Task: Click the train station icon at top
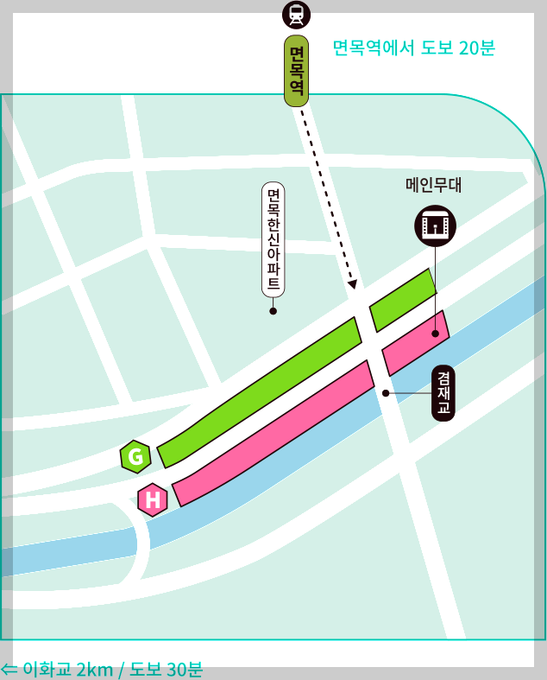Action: [x=296, y=14]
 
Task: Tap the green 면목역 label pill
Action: [x=296, y=71]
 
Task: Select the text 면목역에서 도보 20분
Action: [x=412, y=48]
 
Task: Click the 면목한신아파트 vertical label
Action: [x=273, y=239]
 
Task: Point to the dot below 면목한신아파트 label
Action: [x=273, y=311]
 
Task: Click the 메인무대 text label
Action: [x=434, y=185]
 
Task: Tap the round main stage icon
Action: [x=435, y=226]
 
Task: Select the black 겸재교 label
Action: [x=443, y=393]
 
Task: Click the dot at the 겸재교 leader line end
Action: [x=386, y=393]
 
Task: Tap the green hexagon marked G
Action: [x=135, y=456]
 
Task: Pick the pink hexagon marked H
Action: [x=153, y=499]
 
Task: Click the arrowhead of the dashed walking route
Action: [x=351, y=283]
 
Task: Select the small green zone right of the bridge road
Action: [x=403, y=300]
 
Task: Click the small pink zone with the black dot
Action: [x=416, y=343]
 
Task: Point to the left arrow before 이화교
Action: [x=9, y=669]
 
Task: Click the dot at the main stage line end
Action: [x=435, y=334]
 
